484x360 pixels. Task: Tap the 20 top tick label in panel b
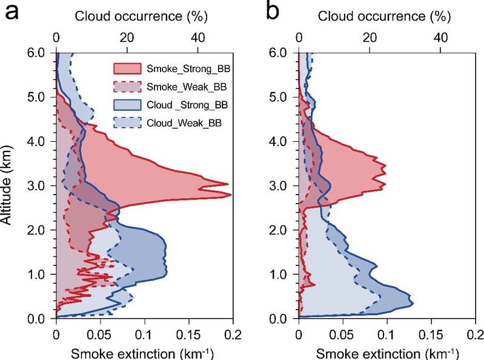point(370,36)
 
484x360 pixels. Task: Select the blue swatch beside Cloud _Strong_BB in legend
point(128,104)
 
